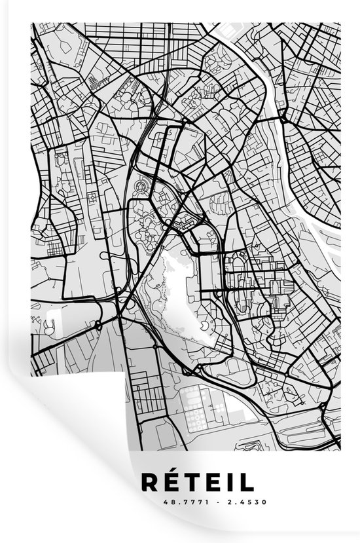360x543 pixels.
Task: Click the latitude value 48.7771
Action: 173,503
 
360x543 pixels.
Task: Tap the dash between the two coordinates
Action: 200,503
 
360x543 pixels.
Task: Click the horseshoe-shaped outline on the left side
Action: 48,322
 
